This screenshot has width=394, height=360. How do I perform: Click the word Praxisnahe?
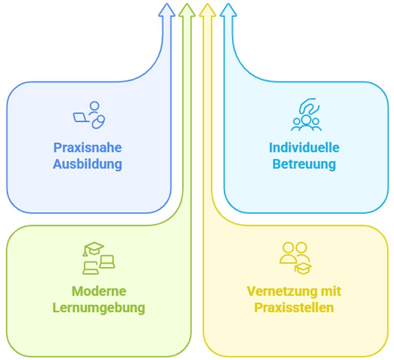point(87,147)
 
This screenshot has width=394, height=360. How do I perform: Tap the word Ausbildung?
point(87,164)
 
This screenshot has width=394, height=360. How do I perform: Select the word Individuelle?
point(304,147)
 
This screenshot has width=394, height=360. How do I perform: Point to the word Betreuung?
point(304,164)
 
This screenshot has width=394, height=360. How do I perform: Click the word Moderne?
point(99,291)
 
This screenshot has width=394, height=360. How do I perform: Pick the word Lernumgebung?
point(99,308)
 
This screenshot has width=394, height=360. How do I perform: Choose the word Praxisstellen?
point(294,308)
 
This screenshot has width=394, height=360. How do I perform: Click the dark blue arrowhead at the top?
point(166,10)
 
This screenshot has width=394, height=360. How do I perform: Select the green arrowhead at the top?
point(187,10)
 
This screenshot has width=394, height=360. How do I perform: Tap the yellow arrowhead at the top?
point(207,10)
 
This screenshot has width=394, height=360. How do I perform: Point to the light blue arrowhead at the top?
point(228,10)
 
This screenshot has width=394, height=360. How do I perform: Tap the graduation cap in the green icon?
point(94,248)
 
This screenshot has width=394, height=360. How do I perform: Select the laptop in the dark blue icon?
point(81,118)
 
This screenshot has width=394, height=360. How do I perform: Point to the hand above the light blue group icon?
point(309,107)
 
